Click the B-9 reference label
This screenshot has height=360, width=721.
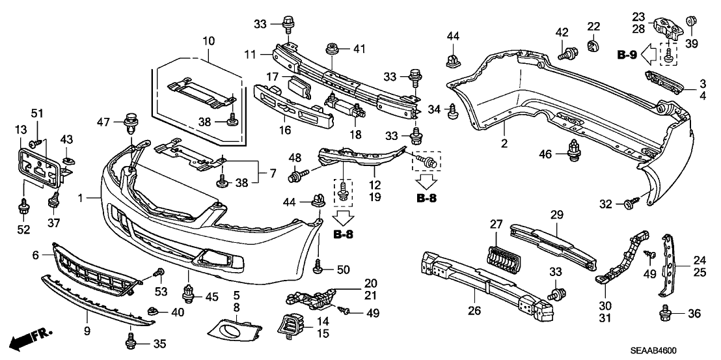pos(628,55)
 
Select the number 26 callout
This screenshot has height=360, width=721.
pos(474,311)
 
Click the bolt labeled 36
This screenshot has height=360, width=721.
pos(665,313)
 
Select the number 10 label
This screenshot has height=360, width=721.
pos(208,40)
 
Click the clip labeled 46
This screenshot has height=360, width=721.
pos(575,150)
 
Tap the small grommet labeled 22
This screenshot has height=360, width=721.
pos(593,46)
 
